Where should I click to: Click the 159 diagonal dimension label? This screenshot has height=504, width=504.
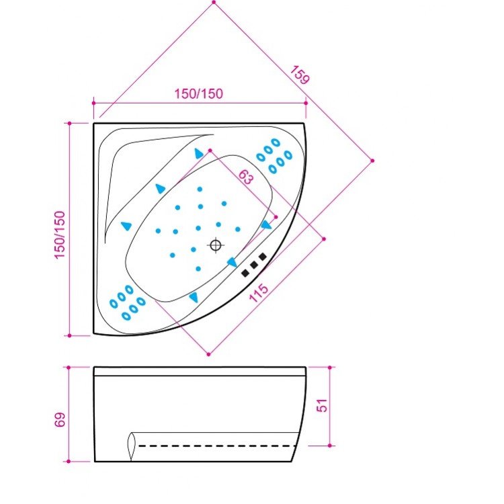[300, 74]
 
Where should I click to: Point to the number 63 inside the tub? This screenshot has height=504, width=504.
[246, 177]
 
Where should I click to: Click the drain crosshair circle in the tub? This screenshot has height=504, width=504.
[216, 245]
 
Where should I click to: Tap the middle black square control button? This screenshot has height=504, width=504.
[254, 265]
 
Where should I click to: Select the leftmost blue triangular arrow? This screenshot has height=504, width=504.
[126, 226]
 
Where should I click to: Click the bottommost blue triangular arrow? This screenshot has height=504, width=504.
[194, 296]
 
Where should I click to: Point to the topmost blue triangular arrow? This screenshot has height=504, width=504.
[199, 154]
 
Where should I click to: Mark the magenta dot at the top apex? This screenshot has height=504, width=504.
[214, 3]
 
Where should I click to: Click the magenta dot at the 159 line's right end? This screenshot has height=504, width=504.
[373, 160]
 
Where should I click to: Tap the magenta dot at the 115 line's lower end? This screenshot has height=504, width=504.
[209, 353]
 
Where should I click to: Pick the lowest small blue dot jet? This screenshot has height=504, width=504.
[199, 269]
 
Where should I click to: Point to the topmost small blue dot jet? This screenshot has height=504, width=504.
[200, 189]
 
